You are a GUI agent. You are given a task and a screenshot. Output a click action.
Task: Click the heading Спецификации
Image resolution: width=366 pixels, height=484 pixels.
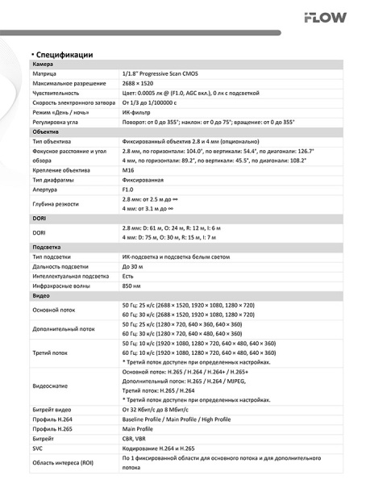[62, 54]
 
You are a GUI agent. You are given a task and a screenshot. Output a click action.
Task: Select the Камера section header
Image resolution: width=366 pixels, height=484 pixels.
[42, 64]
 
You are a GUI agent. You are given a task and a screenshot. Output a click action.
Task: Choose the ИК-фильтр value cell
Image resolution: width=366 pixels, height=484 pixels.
[136, 113]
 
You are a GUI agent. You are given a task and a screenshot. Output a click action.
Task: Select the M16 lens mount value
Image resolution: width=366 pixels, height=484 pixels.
[127, 171]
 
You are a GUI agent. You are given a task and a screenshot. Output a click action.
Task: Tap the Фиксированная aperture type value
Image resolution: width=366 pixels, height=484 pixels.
[143, 181]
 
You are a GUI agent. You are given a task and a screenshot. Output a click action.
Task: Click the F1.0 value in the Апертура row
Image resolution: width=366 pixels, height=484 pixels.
[128, 190]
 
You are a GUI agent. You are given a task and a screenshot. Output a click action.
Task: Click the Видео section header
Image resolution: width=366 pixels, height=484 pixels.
[40, 295]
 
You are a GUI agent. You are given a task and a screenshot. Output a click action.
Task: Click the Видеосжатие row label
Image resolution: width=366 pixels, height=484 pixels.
[51, 386]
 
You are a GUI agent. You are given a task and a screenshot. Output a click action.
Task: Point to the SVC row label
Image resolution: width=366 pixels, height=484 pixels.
[39, 449]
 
